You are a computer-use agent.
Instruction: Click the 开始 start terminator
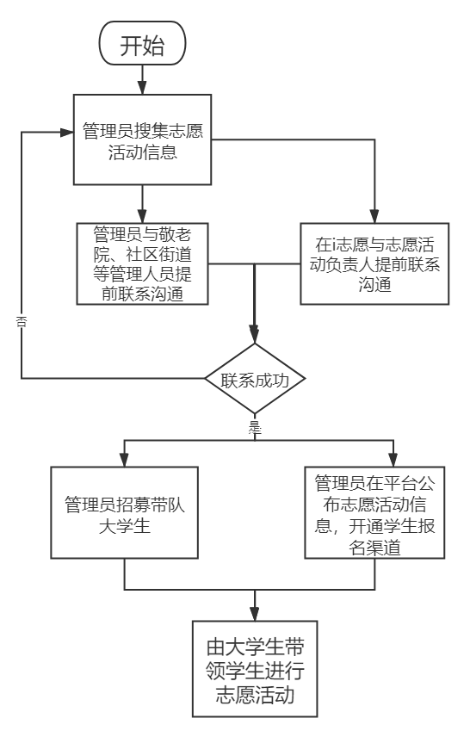click(142, 43)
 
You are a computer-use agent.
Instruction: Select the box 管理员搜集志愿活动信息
click(142, 139)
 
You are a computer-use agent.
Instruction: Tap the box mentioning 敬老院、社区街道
click(142, 263)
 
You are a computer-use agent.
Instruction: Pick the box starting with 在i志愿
click(374, 263)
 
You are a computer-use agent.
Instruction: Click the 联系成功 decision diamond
click(255, 379)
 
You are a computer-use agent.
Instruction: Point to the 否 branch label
click(22, 322)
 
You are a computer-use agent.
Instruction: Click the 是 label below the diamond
click(255, 427)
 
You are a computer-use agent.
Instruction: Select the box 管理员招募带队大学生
click(125, 513)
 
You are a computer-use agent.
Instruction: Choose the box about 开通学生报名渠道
click(374, 513)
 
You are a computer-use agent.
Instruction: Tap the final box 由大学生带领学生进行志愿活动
click(255, 669)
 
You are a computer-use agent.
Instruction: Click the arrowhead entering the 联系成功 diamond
click(255, 336)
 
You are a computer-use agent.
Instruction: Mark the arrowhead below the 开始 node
click(142, 87)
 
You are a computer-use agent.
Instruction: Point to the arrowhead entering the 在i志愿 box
click(374, 216)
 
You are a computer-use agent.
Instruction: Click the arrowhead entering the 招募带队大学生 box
click(125, 460)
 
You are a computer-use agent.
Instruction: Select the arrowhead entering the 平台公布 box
click(393, 460)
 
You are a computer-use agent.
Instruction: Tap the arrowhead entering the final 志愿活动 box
click(255, 613)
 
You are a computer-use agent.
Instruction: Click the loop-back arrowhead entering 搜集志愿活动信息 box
click(67, 132)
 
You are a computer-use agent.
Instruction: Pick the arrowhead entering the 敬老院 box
click(142, 216)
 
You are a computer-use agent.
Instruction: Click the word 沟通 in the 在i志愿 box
click(374, 285)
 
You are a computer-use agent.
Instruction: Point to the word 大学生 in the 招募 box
click(125, 526)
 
